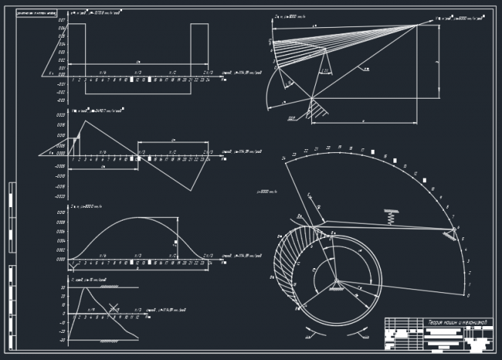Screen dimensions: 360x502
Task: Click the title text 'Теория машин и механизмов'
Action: [x=459, y=322]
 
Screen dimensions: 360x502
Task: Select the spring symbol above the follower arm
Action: [x=390, y=216]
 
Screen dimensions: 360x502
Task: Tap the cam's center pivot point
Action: [x=336, y=282]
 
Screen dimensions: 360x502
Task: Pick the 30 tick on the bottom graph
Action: [x=63, y=288]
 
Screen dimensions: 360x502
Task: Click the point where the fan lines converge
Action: [x=417, y=25]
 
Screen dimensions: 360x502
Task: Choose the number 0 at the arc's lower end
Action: [x=469, y=295]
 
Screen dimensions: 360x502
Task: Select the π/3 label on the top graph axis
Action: [x=137, y=73]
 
